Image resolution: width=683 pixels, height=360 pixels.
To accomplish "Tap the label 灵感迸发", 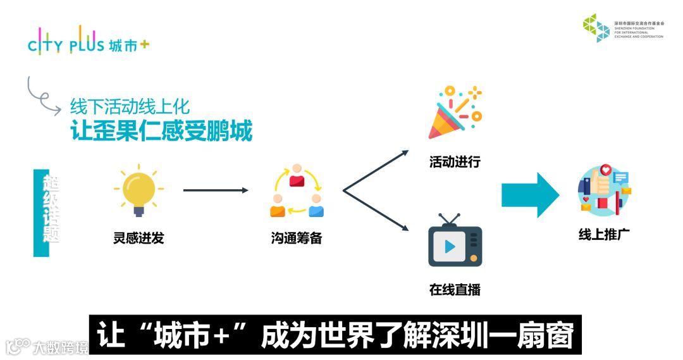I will point(138,239).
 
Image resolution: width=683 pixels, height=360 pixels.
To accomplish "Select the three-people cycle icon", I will point(297,191).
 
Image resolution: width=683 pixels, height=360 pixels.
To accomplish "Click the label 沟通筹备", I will point(297,239).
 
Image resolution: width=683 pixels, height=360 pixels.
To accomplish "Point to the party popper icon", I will point(454,113).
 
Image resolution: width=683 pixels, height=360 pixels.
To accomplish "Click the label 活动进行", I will point(455,162).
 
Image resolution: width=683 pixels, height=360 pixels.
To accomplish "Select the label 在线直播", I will point(455,290).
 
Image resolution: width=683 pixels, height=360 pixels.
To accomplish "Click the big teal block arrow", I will point(530,195).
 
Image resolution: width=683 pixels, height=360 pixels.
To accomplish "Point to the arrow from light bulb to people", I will point(216,190).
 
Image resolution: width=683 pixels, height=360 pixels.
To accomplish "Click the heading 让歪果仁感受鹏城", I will point(161,131).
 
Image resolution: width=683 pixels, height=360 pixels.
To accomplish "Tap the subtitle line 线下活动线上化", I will point(130,106).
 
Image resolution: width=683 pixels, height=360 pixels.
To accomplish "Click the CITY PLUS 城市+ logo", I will point(89,42).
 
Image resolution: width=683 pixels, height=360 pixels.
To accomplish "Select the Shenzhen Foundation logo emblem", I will point(596,28).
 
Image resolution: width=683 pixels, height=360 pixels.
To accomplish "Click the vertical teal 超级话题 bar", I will point(42,213).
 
